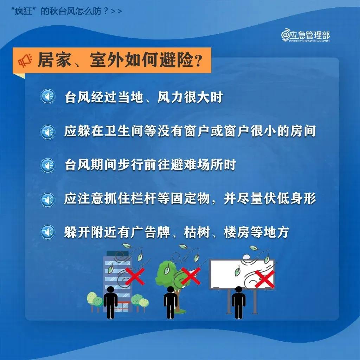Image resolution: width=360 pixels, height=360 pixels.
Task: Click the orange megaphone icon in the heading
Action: [x=25, y=60]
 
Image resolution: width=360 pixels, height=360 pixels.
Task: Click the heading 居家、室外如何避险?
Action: [x=120, y=60]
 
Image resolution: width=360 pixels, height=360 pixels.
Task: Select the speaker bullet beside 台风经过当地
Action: [x=47, y=97]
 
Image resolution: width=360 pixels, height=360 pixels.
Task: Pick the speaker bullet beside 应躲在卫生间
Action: [x=47, y=131]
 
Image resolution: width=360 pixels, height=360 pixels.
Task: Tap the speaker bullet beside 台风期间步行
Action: [x=47, y=165]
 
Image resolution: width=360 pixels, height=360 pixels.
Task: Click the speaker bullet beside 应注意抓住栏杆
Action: [x=47, y=199]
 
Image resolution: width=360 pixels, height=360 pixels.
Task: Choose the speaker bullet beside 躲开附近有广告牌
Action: [x=47, y=232]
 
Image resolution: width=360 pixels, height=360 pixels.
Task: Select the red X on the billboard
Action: [x=265, y=278]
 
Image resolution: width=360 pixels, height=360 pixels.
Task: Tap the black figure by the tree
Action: [x=171, y=302]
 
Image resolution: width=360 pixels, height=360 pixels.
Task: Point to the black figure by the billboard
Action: [x=238, y=302]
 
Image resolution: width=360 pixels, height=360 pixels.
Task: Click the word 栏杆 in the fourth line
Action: [x=152, y=199]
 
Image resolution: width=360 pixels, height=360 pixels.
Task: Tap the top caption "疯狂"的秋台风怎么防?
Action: [x=67, y=11]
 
